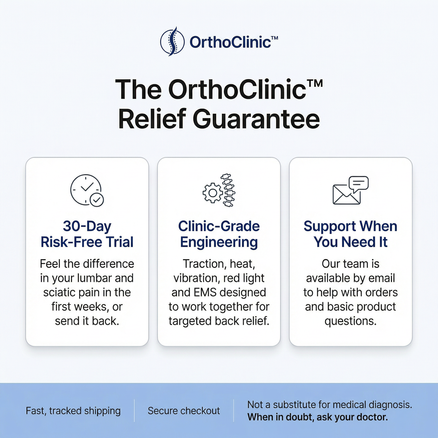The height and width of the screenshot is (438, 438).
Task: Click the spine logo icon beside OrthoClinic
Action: (x=172, y=41)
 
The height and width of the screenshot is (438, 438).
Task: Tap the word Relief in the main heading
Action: (x=152, y=119)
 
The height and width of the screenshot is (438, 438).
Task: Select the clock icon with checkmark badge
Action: (x=87, y=190)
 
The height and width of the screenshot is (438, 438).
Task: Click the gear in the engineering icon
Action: (x=213, y=193)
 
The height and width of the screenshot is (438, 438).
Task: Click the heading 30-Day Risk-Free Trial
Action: (x=87, y=234)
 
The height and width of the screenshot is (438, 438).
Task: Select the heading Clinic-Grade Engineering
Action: (x=219, y=234)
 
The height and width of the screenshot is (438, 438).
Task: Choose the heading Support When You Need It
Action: (x=350, y=234)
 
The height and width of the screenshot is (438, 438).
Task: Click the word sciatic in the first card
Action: (x=59, y=292)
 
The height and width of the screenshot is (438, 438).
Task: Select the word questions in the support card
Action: (x=350, y=321)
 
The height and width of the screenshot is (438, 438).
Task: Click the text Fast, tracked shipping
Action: (x=73, y=411)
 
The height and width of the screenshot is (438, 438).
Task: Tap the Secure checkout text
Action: (x=184, y=411)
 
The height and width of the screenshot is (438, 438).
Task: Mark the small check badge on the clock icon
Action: (x=97, y=200)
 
